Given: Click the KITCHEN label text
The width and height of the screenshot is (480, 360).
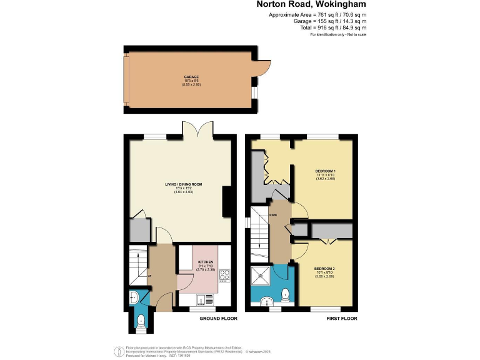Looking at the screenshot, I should [206, 262].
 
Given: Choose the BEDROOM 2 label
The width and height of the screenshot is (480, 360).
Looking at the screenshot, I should [324, 269].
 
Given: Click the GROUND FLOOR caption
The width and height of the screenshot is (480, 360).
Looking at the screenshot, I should [217, 317].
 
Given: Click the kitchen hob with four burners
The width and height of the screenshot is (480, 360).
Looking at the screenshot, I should [224, 274].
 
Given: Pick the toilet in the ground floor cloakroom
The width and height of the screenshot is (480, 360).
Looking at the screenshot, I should [140, 321].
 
